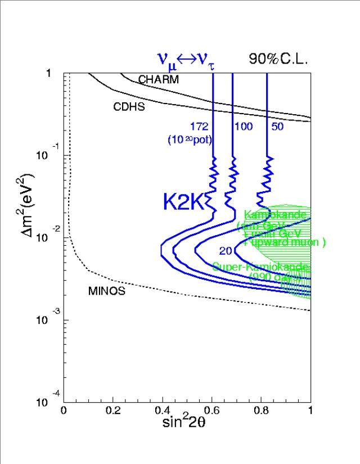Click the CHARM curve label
coord(158,80)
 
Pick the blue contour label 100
coord(243,127)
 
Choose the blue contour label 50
coord(277,127)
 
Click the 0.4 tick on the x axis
coord(163,411)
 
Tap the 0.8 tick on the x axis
coord(261,411)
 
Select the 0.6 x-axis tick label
coord(212,411)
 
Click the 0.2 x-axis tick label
coord(113,411)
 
